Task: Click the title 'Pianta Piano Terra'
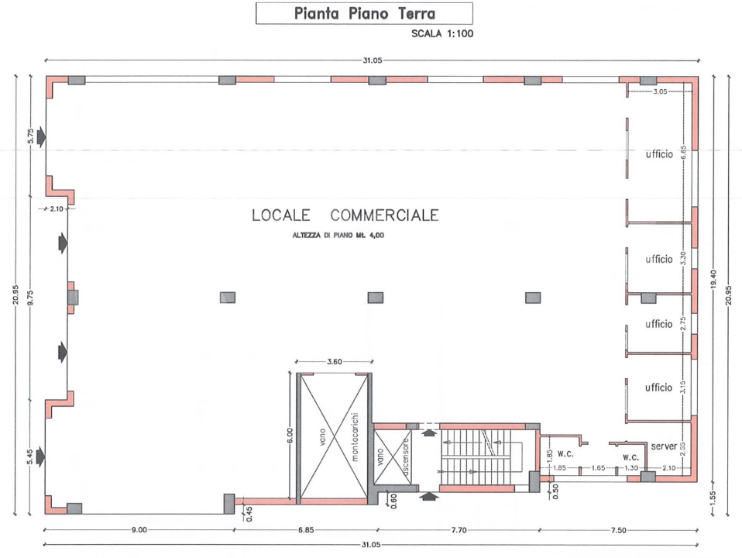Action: point(364,13)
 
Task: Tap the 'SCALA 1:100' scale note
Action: point(442,33)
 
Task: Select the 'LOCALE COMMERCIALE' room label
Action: point(345,215)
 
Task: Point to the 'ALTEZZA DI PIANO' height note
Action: point(338,235)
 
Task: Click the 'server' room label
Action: point(664,446)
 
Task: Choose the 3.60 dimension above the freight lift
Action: point(334,362)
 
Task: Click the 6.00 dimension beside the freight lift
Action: point(290,436)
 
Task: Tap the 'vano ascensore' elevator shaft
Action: point(393,456)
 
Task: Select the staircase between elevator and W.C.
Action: point(476,457)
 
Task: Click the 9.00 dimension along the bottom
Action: point(139,529)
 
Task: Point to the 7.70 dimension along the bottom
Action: point(459,530)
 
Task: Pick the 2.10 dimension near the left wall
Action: point(57,208)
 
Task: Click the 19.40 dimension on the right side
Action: point(713,278)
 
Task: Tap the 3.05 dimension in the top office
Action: point(660,91)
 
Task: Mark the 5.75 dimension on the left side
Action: point(31,136)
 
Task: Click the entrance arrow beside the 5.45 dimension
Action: point(41,457)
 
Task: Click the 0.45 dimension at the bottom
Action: point(249,514)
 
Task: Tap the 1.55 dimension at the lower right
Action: point(713,497)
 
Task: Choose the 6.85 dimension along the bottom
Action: point(306,530)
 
